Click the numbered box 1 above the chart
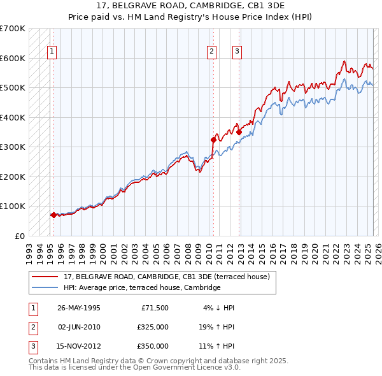52,52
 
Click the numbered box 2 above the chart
211,52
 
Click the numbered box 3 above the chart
237,52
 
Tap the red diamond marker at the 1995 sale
53,215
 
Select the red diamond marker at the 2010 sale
213,139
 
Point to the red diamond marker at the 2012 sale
239,132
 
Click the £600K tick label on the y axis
12,58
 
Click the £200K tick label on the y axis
12,177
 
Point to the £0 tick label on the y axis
19,236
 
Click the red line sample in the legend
45,277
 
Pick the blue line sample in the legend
45,287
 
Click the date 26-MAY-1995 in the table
79,308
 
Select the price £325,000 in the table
152,327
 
